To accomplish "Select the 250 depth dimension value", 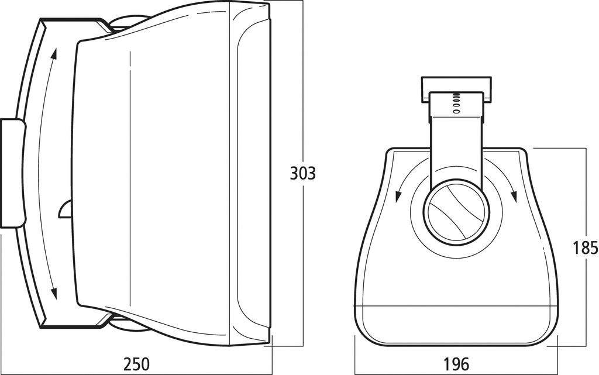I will click(136, 363).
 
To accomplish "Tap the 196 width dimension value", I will click(456, 363).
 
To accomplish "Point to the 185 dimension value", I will click(586, 248).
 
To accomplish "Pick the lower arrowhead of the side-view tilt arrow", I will click(54, 294).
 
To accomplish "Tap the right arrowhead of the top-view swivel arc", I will click(515, 197).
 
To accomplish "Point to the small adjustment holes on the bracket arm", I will click(456, 102).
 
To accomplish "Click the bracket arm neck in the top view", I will click(456, 146).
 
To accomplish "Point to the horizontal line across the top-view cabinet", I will click(456, 306).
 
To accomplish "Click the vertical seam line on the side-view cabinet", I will click(128, 176).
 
